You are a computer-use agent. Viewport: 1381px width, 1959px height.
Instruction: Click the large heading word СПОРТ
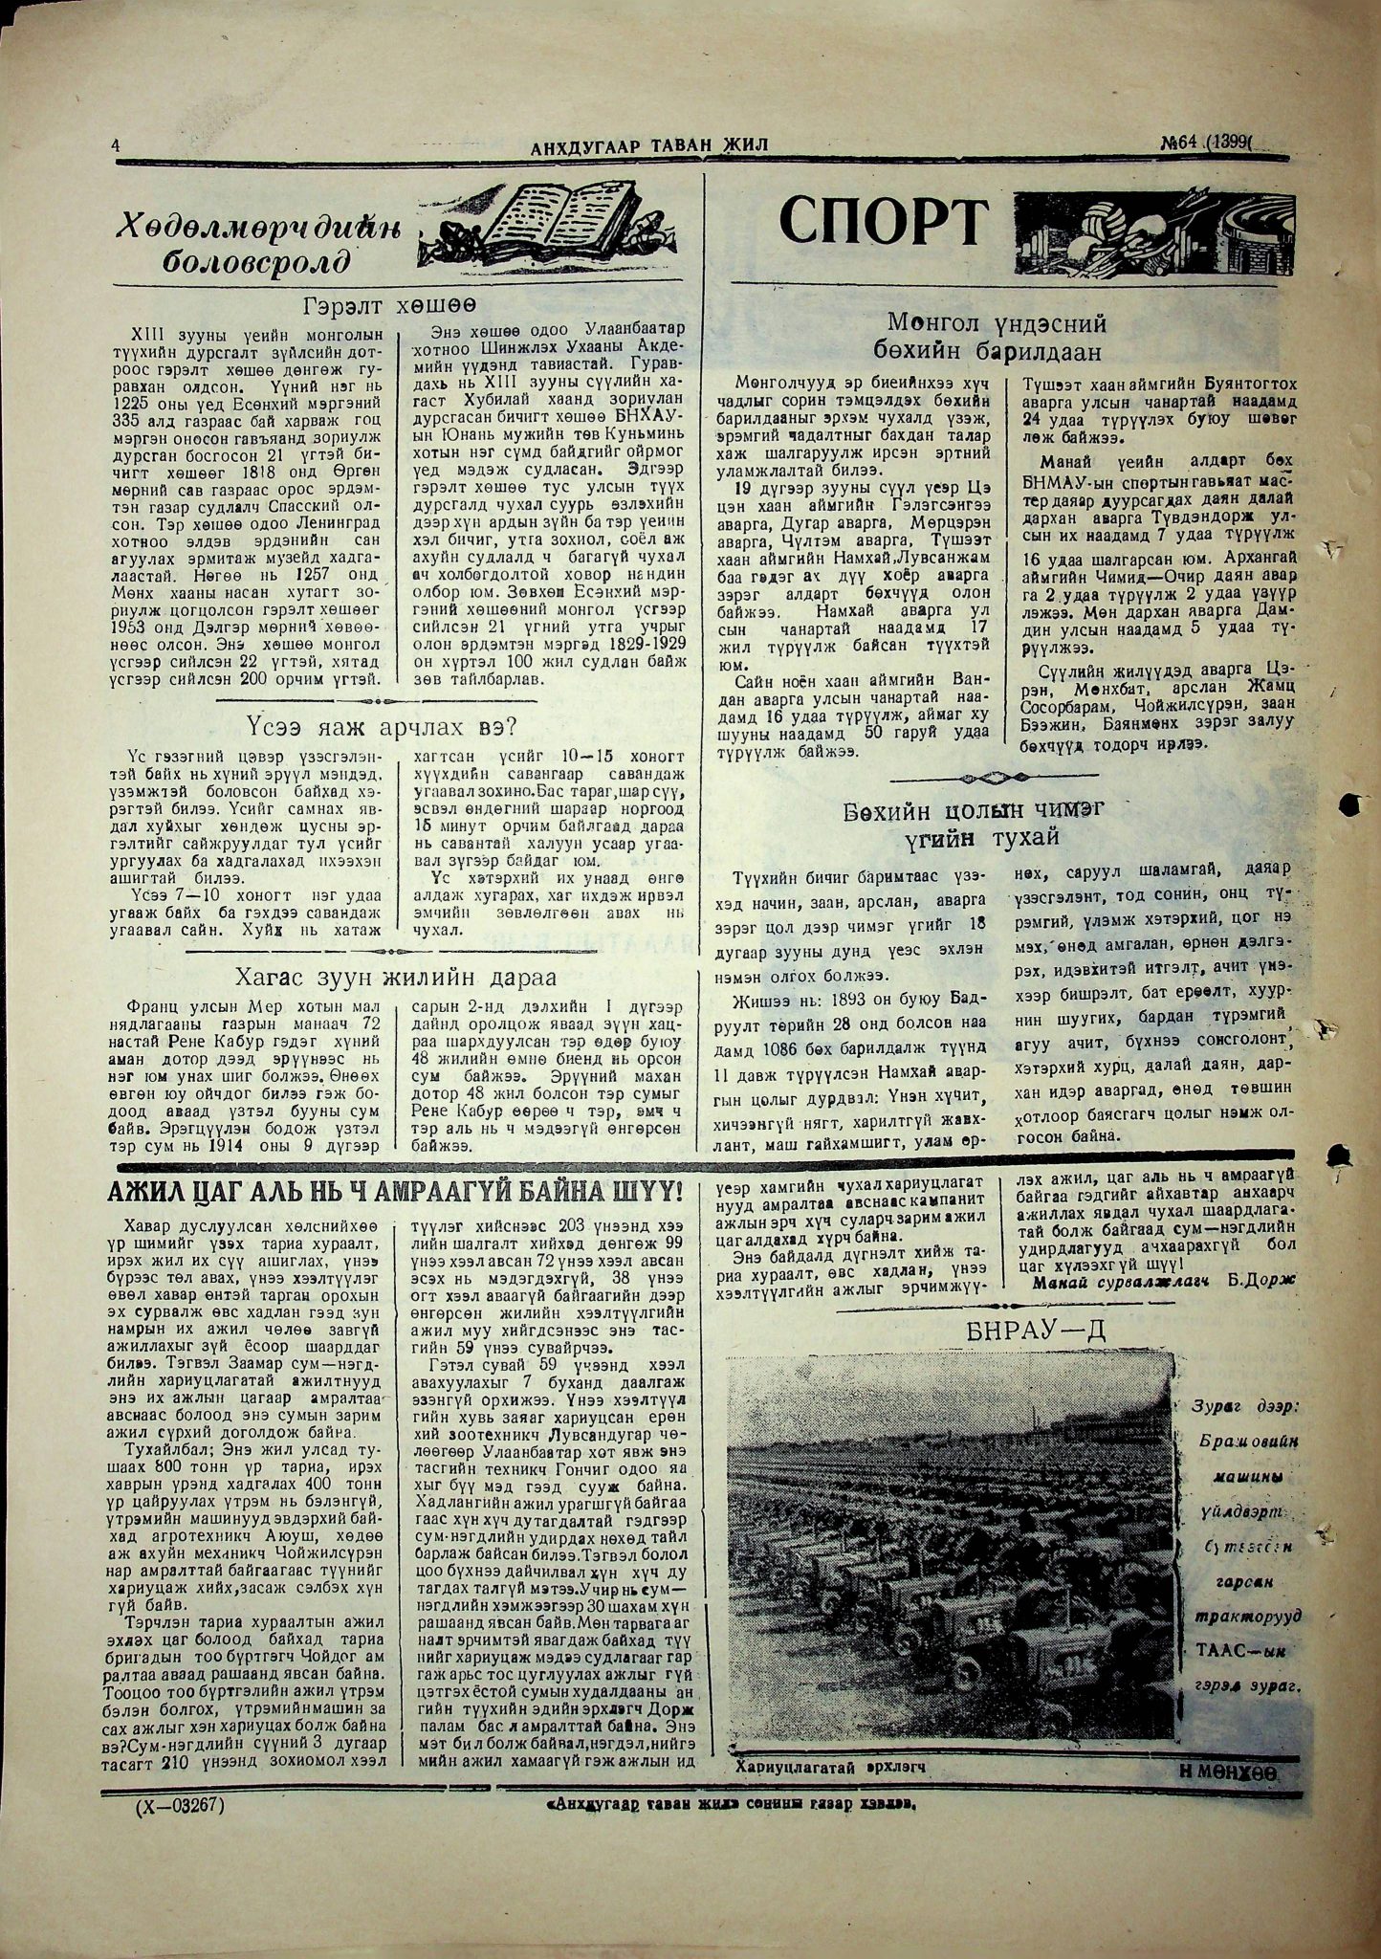pos(881,223)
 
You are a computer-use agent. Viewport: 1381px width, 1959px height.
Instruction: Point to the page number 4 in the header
pos(116,145)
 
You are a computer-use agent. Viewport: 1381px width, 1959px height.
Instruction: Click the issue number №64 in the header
pos(1184,143)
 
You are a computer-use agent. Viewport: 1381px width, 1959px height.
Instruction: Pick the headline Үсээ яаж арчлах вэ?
pos(381,727)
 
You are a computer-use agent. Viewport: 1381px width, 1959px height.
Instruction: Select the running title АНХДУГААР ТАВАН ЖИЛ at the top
pos(649,145)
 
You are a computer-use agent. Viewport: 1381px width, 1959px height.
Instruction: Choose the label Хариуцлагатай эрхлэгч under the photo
pos(833,1767)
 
